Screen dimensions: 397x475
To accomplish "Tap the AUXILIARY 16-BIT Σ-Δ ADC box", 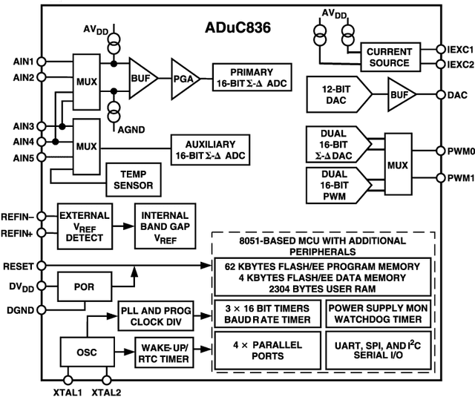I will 211,150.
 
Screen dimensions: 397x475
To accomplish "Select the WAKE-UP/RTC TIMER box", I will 163,352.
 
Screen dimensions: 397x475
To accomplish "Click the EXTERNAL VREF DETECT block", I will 84,227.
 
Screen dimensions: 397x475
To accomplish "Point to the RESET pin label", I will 16,265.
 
